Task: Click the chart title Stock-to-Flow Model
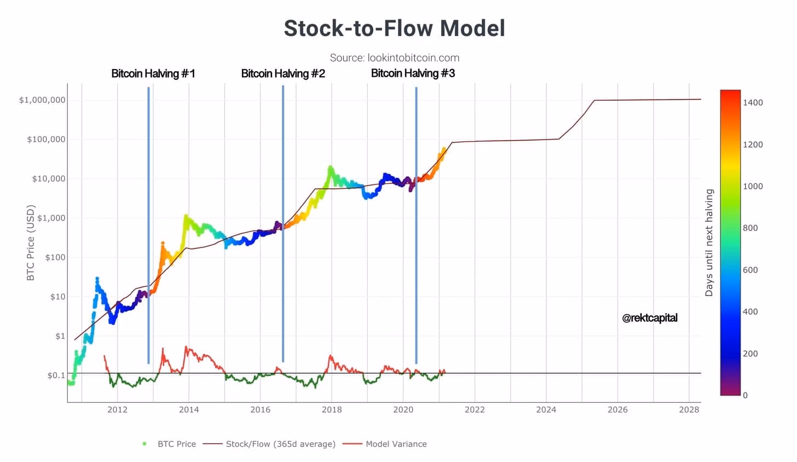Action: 394,28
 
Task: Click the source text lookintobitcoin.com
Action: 394,57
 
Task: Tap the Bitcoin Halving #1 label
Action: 153,73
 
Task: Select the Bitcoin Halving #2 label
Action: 283,73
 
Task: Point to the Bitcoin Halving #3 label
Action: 413,73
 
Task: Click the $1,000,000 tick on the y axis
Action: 42,100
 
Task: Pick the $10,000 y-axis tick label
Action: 49,178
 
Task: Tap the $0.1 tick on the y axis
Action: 56,376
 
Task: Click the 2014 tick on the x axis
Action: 189,409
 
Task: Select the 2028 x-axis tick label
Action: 689,409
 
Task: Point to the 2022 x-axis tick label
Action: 475,409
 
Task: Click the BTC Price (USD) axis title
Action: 31,242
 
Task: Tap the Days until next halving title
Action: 709,242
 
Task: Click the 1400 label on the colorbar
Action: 753,102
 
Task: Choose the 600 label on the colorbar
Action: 750,270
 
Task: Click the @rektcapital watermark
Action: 650,317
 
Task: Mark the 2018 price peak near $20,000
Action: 330,168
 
